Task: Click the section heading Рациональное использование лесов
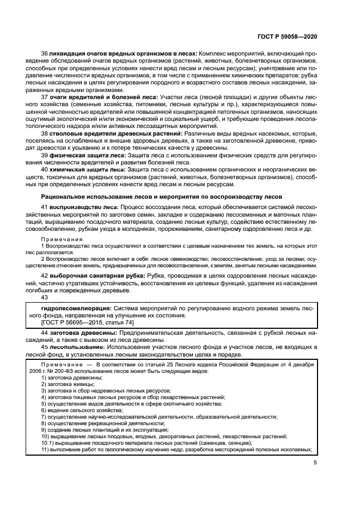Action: [x=162, y=195]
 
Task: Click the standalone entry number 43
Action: [x=45, y=297]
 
